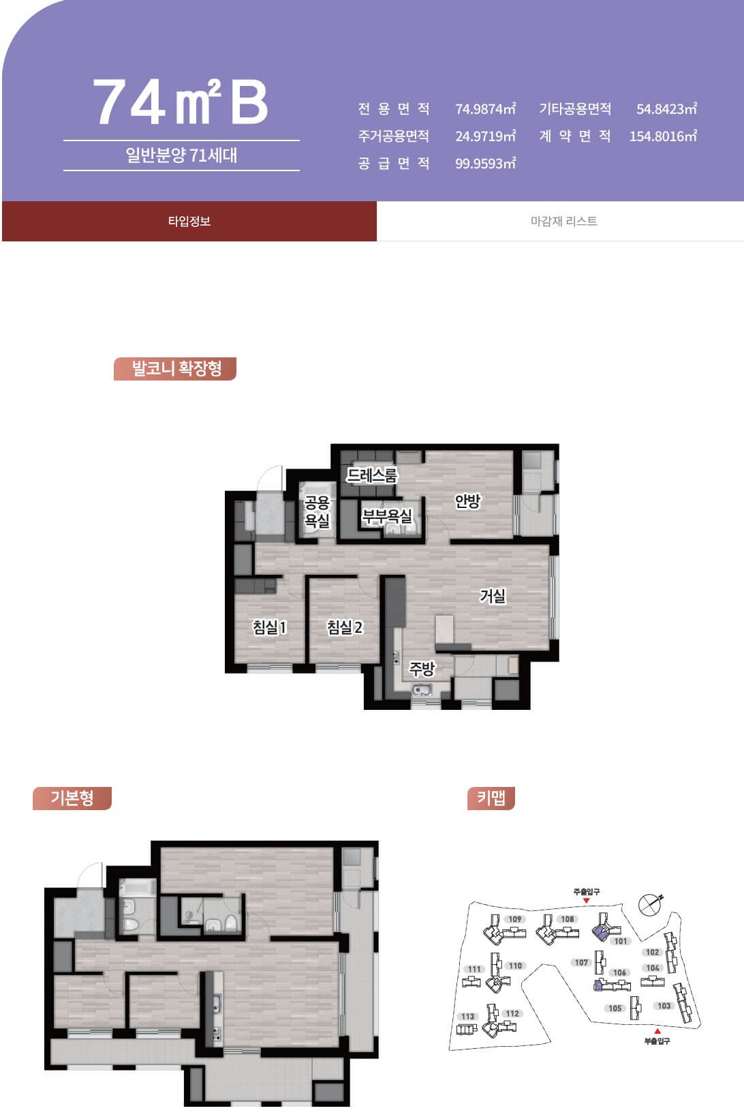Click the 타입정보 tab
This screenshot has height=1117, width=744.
tap(189, 221)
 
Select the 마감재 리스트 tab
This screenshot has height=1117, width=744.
tap(563, 221)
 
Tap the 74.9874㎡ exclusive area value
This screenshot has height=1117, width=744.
tap(485, 108)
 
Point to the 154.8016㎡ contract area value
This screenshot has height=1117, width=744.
tap(664, 136)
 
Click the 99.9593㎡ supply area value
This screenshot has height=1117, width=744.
tap(485, 164)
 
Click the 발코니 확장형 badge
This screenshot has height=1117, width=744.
tap(175, 368)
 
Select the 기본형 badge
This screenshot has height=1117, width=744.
tap(72, 798)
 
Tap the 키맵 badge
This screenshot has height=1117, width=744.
tap(491, 798)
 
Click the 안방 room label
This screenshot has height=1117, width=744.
tap(467, 501)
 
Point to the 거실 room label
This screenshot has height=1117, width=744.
tap(493, 595)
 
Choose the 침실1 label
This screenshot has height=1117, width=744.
tap(270, 627)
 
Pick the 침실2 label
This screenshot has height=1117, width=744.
tap(344, 627)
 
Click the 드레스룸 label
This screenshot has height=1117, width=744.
tap(372, 475)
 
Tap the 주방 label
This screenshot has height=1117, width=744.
tap(422, 668)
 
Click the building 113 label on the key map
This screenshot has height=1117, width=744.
tap(467, 1016)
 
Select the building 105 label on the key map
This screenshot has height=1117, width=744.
tap(615, 1009)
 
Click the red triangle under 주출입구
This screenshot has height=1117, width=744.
tap(587, 901)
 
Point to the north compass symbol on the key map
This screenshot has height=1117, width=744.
tap(650, 904)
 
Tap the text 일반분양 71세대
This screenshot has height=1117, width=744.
tap(181, 155)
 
